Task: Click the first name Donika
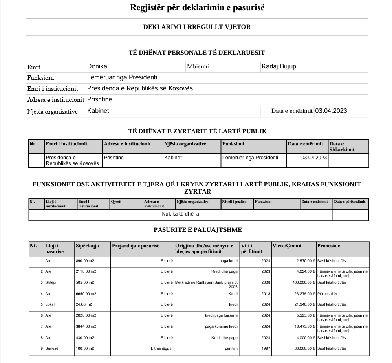97,66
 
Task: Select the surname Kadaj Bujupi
280,66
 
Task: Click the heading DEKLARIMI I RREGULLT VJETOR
197,27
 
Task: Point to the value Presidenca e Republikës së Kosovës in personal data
140,88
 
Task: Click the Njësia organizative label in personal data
52,112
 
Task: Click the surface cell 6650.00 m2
86,293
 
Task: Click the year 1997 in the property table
266,349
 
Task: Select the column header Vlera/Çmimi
287,246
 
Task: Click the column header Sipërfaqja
88,246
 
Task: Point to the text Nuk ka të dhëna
181,214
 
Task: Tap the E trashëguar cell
162,349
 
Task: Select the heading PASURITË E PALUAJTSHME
198,230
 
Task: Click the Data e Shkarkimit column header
342,147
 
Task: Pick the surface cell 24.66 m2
84,304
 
